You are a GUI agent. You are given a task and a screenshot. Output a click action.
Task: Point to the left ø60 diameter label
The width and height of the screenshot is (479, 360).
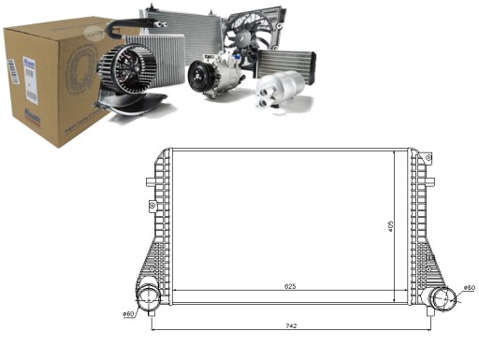(130, 313)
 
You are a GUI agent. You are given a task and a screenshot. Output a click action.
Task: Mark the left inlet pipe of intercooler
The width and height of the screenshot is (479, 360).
(150, 299)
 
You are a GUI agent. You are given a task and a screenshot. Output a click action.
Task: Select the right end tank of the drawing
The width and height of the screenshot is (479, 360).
(421, 224)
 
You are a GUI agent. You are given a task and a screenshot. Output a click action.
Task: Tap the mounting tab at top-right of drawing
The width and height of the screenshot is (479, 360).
(428, 157)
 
